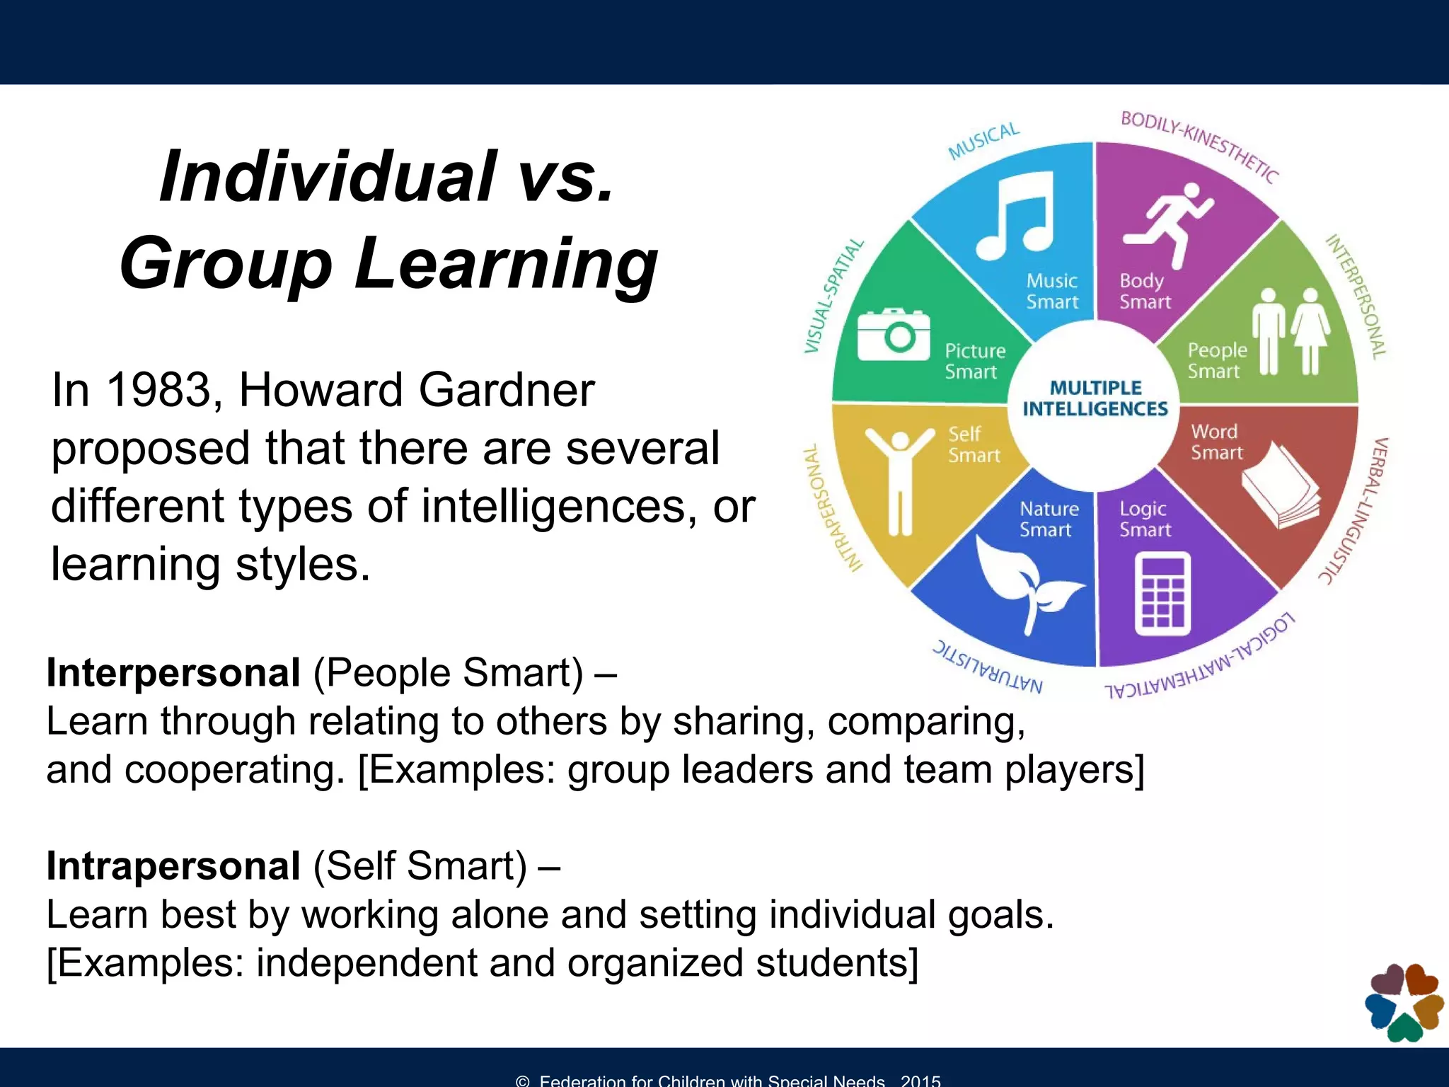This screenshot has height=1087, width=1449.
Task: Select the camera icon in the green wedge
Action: (894, 334)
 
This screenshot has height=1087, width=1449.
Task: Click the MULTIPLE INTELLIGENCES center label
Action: (1095, 398)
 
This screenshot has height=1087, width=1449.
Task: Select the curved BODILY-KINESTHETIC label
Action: (1200, 145)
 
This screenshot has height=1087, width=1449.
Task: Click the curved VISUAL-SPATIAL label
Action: (834, 297)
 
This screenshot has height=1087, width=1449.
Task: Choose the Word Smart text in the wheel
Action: (1216, 442)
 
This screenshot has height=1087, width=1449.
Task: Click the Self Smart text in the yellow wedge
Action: (974, 444)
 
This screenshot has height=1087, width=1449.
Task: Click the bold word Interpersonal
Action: (173, 672)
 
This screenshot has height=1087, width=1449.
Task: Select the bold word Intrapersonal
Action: (173, 865)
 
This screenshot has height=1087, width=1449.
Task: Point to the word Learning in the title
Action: (506, 263)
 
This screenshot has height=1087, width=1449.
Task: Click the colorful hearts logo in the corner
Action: (1404, 1003)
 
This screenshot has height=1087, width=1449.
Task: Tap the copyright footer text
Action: (728, 1080)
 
